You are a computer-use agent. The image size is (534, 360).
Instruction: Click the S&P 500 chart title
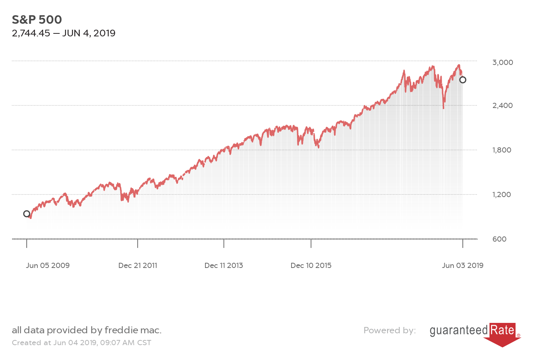coord(37,20)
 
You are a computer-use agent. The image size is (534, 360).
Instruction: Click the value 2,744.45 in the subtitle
coord(31,33)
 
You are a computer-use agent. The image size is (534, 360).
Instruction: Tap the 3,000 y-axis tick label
coord(502,62)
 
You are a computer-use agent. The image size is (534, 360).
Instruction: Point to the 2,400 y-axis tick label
coord(502,105)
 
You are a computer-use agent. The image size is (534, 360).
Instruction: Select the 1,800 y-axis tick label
coord(502,150)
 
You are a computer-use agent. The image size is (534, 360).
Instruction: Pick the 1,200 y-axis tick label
coord(501,194)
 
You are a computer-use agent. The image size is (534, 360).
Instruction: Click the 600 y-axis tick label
coord(499,239)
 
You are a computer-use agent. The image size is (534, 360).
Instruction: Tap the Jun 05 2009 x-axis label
coord(48,265)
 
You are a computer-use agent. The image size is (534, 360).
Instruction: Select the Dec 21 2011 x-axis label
coord(138,265)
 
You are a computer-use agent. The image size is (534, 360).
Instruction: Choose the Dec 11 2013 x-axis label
coord(224,265)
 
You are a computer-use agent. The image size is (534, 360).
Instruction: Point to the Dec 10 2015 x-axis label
coord(311,265)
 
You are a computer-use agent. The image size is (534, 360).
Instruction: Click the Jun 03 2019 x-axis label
coord(462,265)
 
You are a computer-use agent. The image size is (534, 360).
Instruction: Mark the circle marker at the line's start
coord(27,214)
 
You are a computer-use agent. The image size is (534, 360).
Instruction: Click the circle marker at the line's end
coord(462,80)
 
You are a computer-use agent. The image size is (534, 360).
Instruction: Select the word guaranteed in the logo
coord(459,330)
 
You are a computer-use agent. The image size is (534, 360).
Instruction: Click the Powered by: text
coord(389,330)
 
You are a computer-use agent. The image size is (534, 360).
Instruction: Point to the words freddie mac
coord(133,330)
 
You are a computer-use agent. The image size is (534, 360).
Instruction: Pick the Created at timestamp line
coord(82,343)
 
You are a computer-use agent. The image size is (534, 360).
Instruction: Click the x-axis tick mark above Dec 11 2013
coord(224,243)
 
